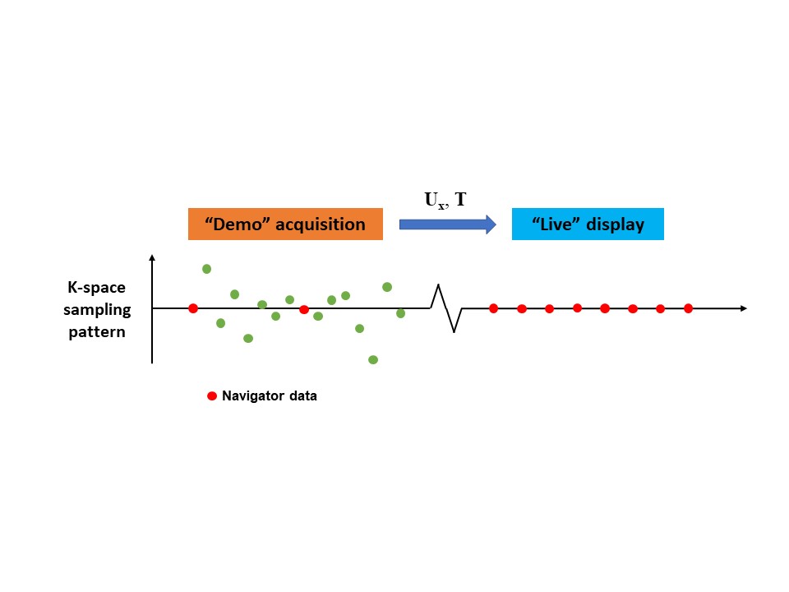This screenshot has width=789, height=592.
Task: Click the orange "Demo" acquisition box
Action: [x=285, y=224]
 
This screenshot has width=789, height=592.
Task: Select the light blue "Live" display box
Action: [x=588, y=224]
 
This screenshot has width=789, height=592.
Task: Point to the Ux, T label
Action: [x=445, y=200]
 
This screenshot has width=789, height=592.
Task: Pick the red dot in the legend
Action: [x=211, y=395]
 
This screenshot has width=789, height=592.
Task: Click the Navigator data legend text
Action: [x=270, y=396]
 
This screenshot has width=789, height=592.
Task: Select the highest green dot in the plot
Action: [x=207, y=269]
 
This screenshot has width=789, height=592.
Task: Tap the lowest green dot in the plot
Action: [x=373, y=359]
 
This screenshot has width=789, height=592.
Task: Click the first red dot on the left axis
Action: [x=193, y=308]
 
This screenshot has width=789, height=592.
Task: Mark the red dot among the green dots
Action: [x=304, y=309]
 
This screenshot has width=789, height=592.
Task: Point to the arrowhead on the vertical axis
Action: [x=152, y=258]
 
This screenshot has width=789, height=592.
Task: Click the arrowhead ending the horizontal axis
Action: [x=743, y=308]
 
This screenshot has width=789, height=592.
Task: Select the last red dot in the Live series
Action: [x=688, y=308]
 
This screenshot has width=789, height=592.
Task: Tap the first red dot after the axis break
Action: [x=493, y=308]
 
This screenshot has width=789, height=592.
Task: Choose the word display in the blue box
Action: [x=616, y=224]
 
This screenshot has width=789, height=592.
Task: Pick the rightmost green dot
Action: [x=401, y=313]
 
